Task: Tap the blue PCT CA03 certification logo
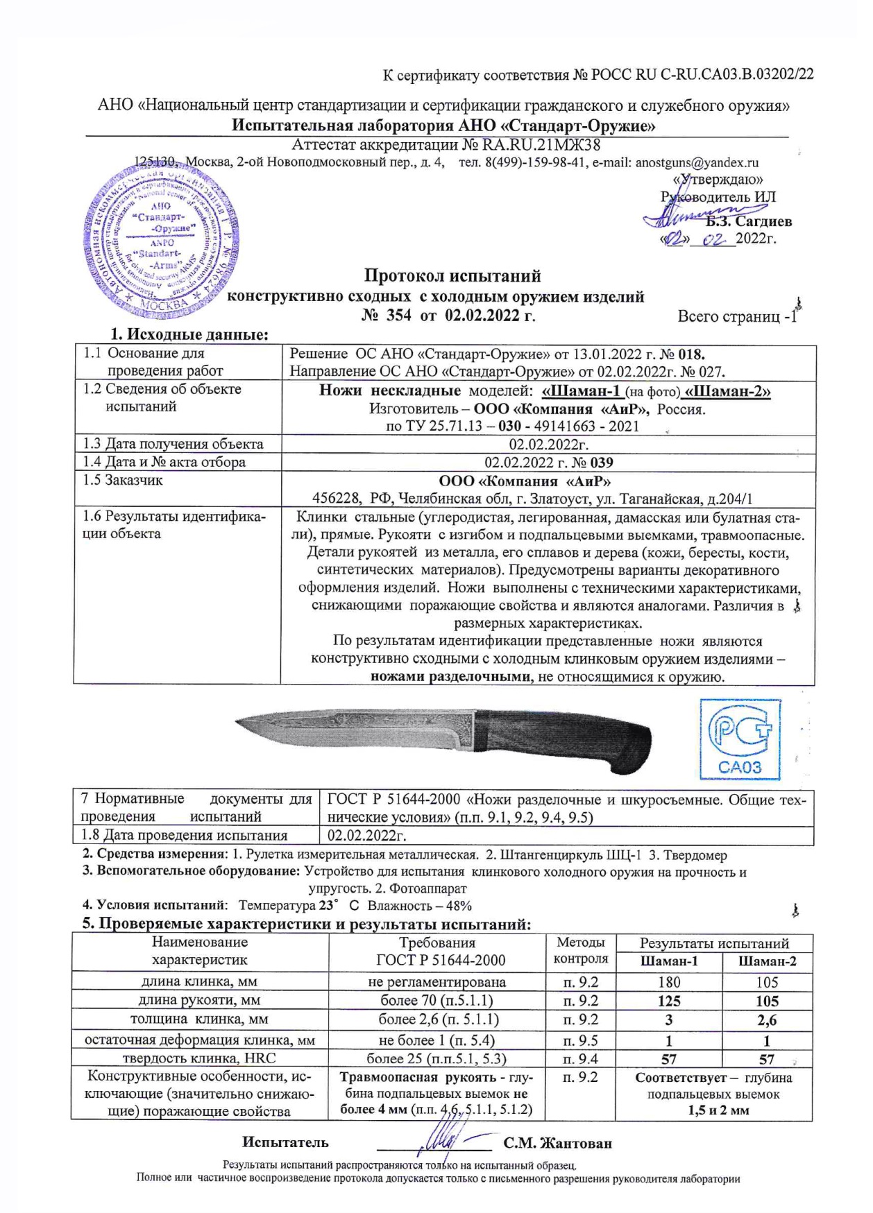(x=740, y=739)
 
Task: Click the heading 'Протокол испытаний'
(x=452, y=277)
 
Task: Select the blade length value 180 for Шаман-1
(x=669, y=982)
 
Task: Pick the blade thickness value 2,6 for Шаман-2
(x=767, y=1020)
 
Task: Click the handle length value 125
(x=669, y=1001)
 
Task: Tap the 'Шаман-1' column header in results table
(x=669, y=962)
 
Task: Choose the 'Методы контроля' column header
(x=580, y=951)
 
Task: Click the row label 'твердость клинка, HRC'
(x=199, y=1058)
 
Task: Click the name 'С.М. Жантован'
(x=558, y=1143)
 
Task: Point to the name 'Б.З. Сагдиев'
(x=749, y=222)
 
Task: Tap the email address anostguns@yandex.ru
(x=697, y=163)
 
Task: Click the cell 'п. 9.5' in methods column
(x=580, y=1040)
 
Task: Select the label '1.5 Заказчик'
(x=123, y=480)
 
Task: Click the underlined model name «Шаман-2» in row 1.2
(x=727, y=391)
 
